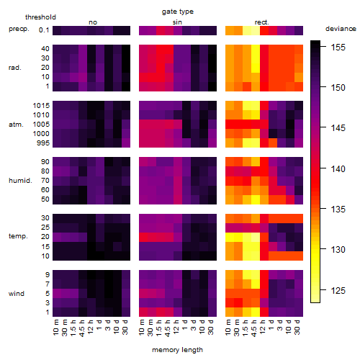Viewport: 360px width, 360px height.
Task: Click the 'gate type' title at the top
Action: pyautogui.click(x=178, y=12)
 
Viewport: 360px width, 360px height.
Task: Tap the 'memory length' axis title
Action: pyautogui.click(x=177, y=350)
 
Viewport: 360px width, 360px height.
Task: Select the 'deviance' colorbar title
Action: pyautogui.click(x=341, y=29)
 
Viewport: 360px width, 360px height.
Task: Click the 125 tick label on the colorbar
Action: pyautogui.click(x=338, y=291)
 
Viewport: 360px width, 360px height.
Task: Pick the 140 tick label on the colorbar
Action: pyautogui.click(x=338, y=169)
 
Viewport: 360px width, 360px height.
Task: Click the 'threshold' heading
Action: pyautogui.click(x=40, y=17)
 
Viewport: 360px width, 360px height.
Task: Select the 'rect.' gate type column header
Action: pyautogui.click(x=262, y=22)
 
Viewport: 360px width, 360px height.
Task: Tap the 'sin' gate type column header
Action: pyautogui.click(x=177, y=22)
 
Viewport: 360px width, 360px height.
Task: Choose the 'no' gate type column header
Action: pyautogui.click(x=93, y=22)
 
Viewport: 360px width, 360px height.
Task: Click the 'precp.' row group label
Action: pyautogui.click(x=19, y=30)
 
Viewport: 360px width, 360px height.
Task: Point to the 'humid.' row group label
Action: pyautogui.click(x=20, y=181)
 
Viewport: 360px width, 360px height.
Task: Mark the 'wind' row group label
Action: pyautogui.click(x=17, y=294)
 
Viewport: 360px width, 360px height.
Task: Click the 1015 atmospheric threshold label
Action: pyautogui.click(x=41, y=106)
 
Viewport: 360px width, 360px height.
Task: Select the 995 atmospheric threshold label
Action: pyautogui.click(x=43, y=143)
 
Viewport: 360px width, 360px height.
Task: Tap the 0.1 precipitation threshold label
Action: pyautogui.click(x=44, y=30)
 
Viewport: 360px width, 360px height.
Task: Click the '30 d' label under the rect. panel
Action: pyautogui.click(x=297, y=327)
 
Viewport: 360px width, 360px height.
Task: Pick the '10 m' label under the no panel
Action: pyautogui.click(x=55, y=328)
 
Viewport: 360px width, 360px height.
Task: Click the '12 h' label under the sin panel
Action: pyautogui.click(x=176, y=327)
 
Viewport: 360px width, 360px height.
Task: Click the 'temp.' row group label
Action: pyautogui.click(x=18, y=236)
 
